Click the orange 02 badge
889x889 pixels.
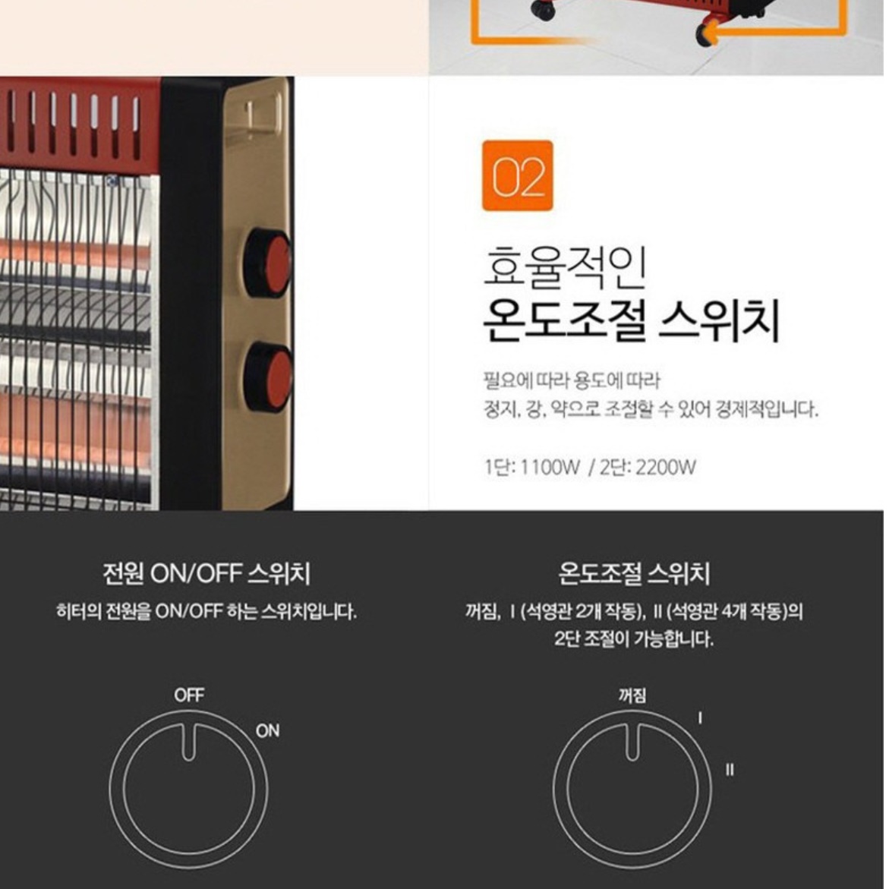click(x=517, y=176)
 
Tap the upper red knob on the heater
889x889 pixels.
click(x=269, y=263)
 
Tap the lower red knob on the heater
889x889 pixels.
click(x=270, y=377)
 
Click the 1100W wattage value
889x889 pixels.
click(x=550, y=467)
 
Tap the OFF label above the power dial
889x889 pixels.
click(x=189, y=695)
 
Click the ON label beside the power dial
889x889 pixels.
click(x=267, y=730)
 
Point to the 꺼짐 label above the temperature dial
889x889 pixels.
click(x=632, y=695)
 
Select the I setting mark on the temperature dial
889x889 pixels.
click(x=699, y=717)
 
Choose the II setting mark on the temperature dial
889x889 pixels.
click(x=730, y=770)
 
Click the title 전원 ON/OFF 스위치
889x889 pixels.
click(x=206, y=574)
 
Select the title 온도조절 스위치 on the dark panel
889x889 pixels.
click(x=634, y=574)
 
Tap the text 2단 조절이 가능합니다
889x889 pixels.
click(x=634, y=639)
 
